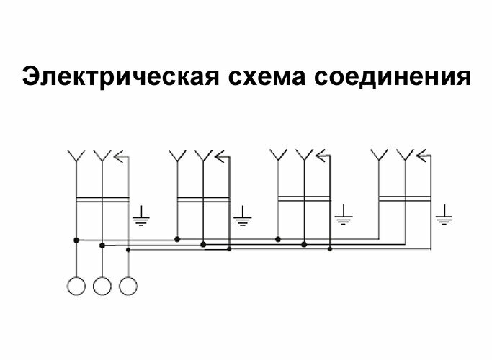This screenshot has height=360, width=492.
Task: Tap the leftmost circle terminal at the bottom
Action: [75, 286]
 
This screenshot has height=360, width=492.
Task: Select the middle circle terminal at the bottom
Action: [102, 286]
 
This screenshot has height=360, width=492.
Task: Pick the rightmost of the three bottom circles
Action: [128, 286]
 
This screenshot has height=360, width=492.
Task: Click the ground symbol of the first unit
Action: [142, 215]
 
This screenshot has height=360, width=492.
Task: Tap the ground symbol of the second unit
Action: [243, 215]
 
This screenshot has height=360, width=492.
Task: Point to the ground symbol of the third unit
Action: [344, 215]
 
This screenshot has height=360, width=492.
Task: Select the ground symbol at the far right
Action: [444, 215]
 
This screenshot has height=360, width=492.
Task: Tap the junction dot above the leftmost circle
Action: [75, 239]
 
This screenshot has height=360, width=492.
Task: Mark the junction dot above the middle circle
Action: [102, 245]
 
